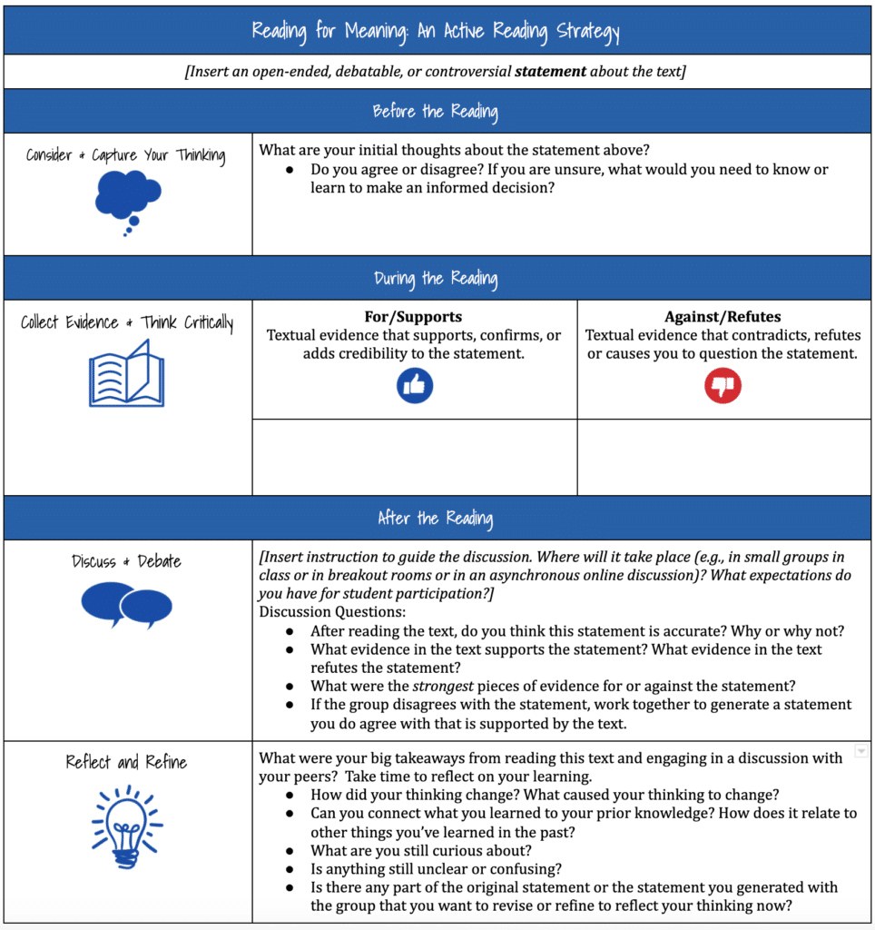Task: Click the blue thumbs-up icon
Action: (x=415, y=386)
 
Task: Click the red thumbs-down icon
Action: (x=723, y=386)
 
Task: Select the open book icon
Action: (x=126, y=373)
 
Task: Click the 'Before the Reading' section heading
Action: (x=436, y=112)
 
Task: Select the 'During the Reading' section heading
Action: (x=436, y=278)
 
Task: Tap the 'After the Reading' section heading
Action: (x=436, y=519)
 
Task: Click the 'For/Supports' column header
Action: (x=414, y=317)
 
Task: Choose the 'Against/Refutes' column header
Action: (x=723, y=317)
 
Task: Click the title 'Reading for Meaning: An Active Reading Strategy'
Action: (x=436, y=32)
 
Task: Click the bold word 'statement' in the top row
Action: (x=550, y=71)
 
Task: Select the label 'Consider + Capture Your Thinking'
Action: (x=126, y=155)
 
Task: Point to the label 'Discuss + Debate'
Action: (x=126, y=561)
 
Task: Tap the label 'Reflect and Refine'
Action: (x=126, y=762)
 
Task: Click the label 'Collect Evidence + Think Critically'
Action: (x=126, y=322)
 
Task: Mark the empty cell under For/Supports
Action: (x=414, y=457)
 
